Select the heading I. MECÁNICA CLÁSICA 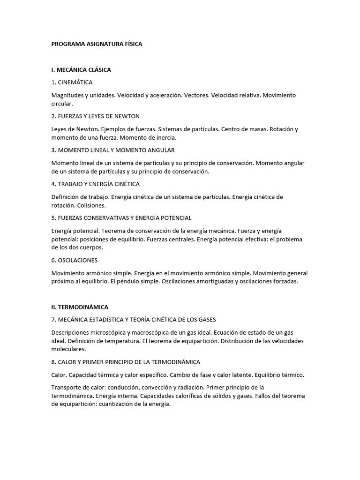point(81,70)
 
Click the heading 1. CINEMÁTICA point(72,82)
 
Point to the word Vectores point(196,95)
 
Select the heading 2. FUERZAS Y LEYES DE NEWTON point(96,116)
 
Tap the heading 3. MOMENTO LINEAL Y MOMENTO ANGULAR point(112,150)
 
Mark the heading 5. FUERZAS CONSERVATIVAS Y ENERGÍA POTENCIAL point(121,218)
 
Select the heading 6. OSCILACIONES point(75,260)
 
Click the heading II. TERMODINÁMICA point(80,307)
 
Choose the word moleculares point(68,349)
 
